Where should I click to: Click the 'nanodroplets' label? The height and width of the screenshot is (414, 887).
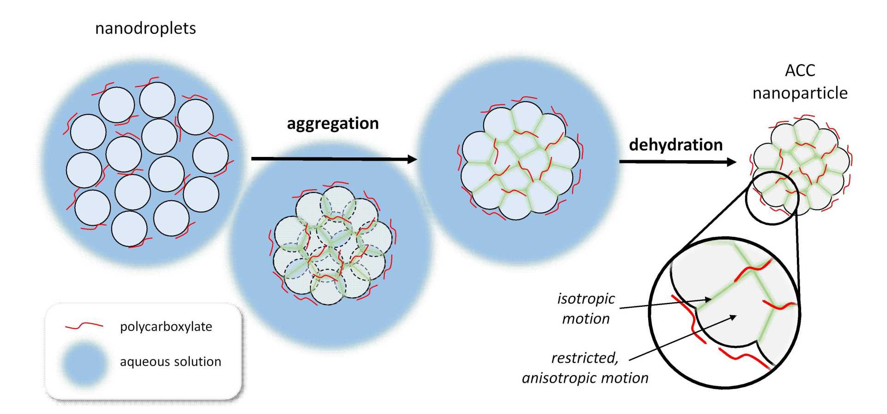click(x=146, y=29)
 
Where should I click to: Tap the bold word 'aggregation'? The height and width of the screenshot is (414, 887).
click(x=333, y=124)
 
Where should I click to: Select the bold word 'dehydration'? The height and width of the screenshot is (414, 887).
click(x=675, y=145)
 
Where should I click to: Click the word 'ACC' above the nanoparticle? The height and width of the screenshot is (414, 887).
click(x=800, y=71)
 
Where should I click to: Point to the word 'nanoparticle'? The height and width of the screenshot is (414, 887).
click(x=800, y=93)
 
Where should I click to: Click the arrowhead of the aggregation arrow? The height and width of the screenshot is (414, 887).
click(x=412, y=159)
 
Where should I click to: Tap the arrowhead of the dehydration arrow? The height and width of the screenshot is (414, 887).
click(x=731, y=162)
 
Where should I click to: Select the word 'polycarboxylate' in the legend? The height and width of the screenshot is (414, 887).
click(x=166, y=327)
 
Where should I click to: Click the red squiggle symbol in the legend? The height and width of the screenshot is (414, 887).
click(x=84, y=326)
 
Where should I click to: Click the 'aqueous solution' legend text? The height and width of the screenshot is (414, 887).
click(x=170, y=361)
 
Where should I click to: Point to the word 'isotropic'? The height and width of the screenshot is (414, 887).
click(x=586, y=299)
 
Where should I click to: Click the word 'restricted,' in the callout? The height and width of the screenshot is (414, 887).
click(x=584, y=358)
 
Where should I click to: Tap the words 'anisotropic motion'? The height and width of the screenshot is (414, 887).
click(x=585, y=378)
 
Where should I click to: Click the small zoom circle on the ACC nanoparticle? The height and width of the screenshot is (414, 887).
click(x=772, y=198)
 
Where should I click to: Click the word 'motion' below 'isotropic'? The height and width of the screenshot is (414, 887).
click(x=586, y=319)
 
